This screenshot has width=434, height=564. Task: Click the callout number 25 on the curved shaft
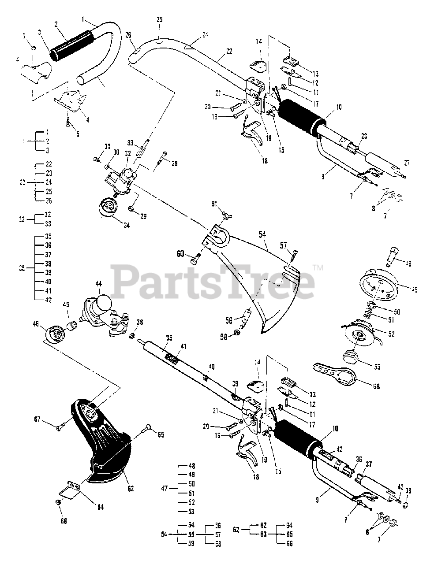(x=159, y=20)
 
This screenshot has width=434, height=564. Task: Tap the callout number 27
(x=406, y=163)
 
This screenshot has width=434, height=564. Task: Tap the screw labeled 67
(x=60, y=425)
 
